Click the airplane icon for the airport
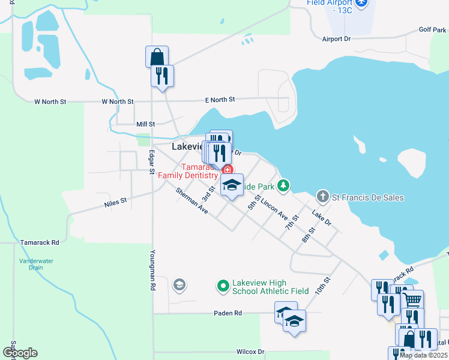[361, 3]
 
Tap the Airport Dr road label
[336, 39]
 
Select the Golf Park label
[433, 29]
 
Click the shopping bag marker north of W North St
[156, 57]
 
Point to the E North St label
[220, 99]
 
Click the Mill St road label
[145, 124]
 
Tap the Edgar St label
[152, 161]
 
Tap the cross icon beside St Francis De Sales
[323, 197]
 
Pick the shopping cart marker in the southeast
[412, 300]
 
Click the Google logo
[20, 353]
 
